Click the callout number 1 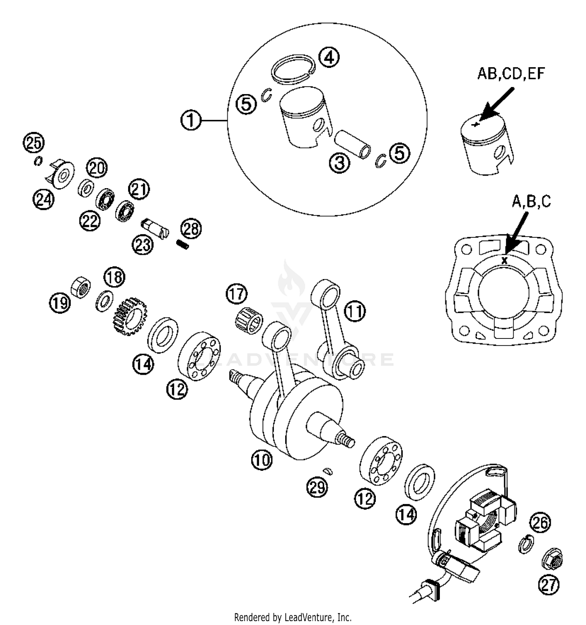point(191,121)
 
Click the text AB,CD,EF point(511,74)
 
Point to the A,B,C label point(531,201)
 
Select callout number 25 point(34,142)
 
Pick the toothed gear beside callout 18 point(128,316)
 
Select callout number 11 point(355,312)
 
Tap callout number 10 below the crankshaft point(261,459)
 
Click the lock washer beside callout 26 point(526,544)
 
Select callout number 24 point(43,200)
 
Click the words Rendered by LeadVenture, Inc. point(293,617)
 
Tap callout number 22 point(90,221)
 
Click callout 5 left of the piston point(247,105)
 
